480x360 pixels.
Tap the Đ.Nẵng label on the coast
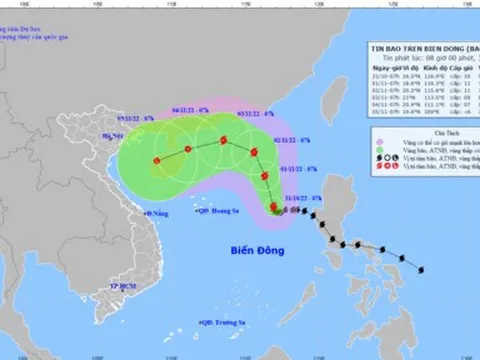(157, 214)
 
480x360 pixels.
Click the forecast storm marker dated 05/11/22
(156, 160)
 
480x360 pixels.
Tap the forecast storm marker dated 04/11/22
(186, 149)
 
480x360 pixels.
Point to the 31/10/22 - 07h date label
(301, 199)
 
